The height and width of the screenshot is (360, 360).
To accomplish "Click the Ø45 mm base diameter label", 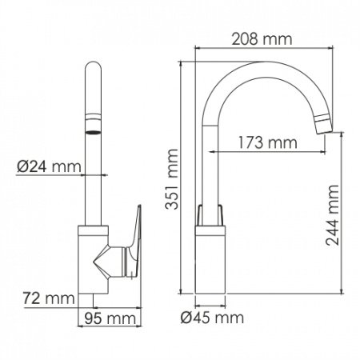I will point(212,318).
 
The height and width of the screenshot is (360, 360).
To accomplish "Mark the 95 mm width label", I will point(107,318).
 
